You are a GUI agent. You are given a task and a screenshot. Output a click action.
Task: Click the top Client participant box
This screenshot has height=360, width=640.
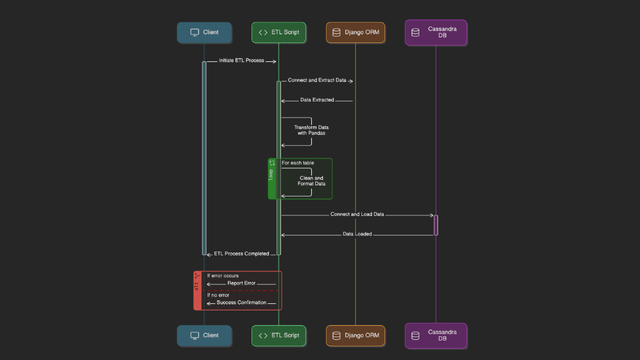pyautogui.click(x=204, y=32)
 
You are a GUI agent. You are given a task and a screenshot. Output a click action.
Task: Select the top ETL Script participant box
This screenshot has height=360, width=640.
pyautogui.click(x=279, y=32)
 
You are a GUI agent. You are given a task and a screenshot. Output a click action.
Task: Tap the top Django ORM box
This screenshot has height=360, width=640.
pyautogui.click(x=355, y=32)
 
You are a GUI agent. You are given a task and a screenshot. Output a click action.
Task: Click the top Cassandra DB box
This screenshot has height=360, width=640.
pyautogui.click(x=436, y=32)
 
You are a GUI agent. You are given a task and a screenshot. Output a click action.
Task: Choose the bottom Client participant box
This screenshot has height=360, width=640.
pyautogui.click(x=204, y=335)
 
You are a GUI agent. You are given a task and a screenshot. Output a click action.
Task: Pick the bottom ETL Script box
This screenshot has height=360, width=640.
pyautogui.click(x=279, y=335)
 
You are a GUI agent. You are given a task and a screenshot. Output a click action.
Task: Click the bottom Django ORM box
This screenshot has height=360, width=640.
pyautogui.click(x=355, y=335)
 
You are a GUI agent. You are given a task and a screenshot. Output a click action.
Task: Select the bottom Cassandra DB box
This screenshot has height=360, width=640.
pyautogui.click(x=436, y=335)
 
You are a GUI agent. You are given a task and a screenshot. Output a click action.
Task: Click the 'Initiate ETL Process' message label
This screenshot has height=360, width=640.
pyautogui.click(x=241, y=61)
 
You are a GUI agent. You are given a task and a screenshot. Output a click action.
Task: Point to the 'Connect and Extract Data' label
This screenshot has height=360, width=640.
pyautogui.click(x=317, y=80)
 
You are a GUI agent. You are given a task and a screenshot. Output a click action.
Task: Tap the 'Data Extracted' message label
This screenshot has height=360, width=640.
pyautogui.click(x=317, y=100)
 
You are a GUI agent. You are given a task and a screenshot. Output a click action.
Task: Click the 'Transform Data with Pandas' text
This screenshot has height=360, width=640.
pyautogui.click(x=311, y=130)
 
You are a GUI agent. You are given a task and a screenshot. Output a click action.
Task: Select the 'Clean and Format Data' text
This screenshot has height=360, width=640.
pyautogui.click(x=311, y=181)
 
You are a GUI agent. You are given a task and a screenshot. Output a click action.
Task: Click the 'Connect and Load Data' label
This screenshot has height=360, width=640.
pyautogui.click(x=357, y=215)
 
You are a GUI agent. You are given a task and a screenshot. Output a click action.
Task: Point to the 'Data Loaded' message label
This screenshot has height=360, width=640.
pyautogui.click(x=357, y=234)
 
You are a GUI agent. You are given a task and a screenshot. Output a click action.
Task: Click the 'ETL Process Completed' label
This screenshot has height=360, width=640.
pyautogui.click(x=241, y=254)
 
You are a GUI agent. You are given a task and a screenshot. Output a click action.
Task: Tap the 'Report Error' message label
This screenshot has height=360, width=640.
pyautogui.click(x=241, y=283)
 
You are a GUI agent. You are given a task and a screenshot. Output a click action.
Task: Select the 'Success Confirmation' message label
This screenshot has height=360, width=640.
pyautogui.click(x=241, y=303)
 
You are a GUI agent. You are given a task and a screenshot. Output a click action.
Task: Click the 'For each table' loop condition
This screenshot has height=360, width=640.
pyautogui.click(x=298, y=163)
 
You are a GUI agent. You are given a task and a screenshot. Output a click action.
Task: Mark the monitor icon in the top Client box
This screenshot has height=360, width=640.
pyautogui.click(x=195, y=32)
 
